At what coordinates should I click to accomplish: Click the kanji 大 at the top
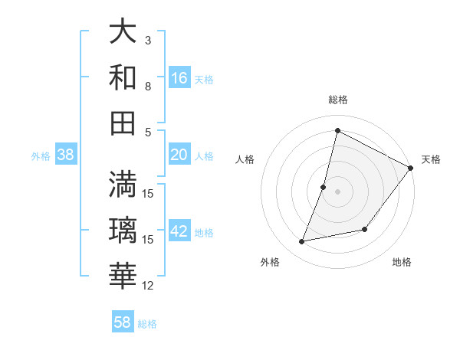click(123, 32)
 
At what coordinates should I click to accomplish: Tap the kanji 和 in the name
click(123, 77)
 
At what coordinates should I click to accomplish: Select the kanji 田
click(123, 123)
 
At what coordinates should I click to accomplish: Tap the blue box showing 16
click(179, 78)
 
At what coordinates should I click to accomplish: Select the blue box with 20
click(179, 155)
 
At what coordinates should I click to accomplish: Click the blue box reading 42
click(179, 231)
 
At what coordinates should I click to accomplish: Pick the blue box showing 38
click(66, 155)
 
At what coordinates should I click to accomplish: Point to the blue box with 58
click(123, 322)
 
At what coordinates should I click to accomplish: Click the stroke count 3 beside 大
click(148, 40)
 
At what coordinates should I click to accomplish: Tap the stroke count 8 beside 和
click(148, 86)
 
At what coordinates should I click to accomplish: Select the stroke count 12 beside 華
click(148, 286)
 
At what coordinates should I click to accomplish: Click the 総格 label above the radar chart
click(337, 100)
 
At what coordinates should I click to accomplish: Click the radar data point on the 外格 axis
click(302, 242)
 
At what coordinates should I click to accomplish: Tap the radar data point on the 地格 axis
click(366, 229)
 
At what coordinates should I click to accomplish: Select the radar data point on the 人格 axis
click(324, 187)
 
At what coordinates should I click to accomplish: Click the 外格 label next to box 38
click(40, 155)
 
